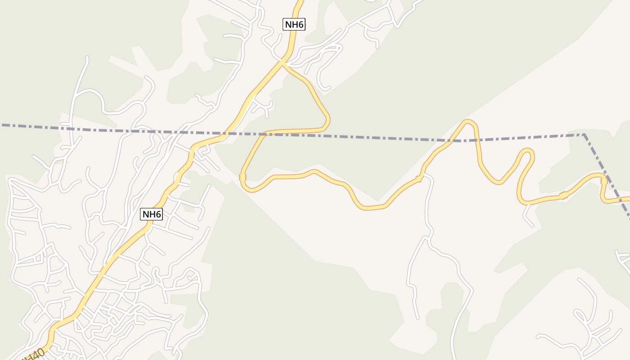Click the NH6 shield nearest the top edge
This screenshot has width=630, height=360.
294,24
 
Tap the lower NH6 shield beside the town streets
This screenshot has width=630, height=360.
152,214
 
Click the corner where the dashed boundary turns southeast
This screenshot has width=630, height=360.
584,134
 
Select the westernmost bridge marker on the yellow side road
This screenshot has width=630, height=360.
243,177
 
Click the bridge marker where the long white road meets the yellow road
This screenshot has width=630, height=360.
419,179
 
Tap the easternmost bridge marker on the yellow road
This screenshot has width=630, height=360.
604,181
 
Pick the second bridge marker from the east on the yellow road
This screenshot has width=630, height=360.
563,195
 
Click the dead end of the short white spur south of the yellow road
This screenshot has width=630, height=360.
532,225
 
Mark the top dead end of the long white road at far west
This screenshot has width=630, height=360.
87,58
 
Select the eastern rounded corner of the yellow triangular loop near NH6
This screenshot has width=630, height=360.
328,121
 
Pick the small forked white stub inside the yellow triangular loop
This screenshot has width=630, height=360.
264,107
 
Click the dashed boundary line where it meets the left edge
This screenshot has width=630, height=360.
1,125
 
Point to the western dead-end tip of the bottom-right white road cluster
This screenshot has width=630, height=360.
538,337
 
